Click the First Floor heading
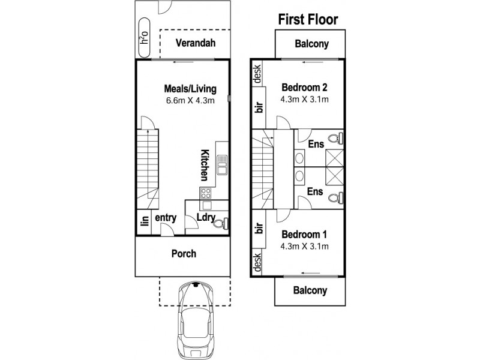point(308,19)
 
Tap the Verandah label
point(196,44)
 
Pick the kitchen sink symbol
point(221,163)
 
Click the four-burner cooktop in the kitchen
point(205,193)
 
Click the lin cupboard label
point(144,221)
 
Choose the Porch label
point(183,254)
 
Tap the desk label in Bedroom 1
point(257,262)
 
